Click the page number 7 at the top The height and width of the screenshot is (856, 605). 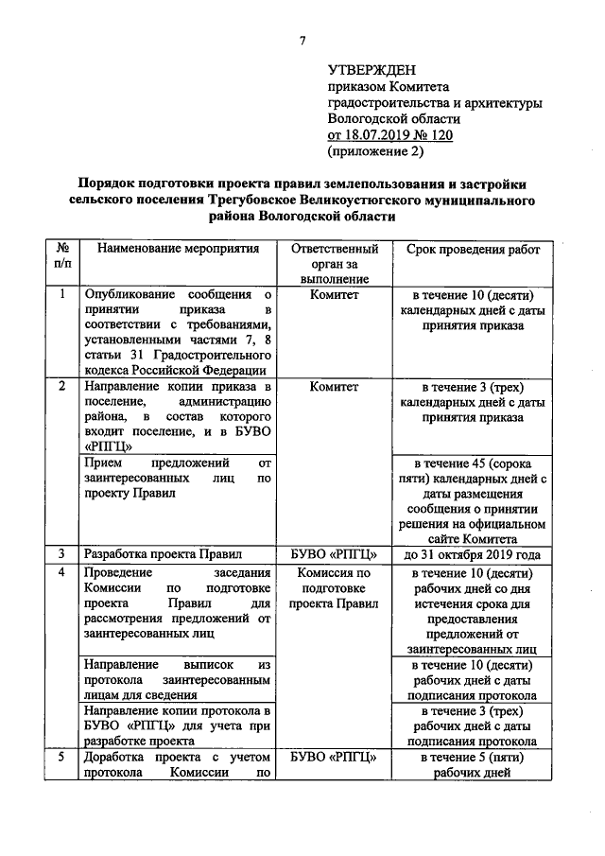[x=302, y=40]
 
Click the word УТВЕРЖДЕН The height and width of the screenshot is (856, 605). [x=371, y=69]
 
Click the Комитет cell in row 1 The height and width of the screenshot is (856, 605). [x=334, y=294]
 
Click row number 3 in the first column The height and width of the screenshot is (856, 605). [x=62, y=554]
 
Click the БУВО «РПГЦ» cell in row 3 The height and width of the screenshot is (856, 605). [x=334, y=554]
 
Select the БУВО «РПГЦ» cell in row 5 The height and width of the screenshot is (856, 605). [x=334, y=757]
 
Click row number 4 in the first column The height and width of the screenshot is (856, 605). [x=62, y=573]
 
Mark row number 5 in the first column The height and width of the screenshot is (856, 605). [x=62, y=757]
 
